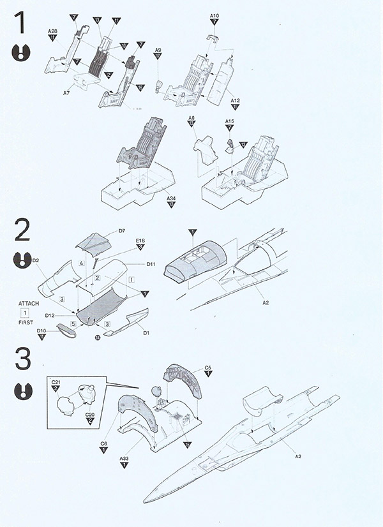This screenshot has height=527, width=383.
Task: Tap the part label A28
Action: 52,31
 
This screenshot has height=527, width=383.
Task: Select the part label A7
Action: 66,94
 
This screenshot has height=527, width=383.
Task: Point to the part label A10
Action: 214,15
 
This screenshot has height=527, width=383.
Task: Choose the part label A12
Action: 235,101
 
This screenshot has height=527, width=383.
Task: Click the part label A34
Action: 170,199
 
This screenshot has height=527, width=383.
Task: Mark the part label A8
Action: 191,118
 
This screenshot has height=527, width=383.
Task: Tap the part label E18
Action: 140,241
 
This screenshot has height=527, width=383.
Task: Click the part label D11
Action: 151,263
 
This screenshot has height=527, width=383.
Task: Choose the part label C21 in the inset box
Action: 55,382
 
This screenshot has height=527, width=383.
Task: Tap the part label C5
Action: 207,367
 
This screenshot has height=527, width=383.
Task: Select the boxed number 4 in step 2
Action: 82,263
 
